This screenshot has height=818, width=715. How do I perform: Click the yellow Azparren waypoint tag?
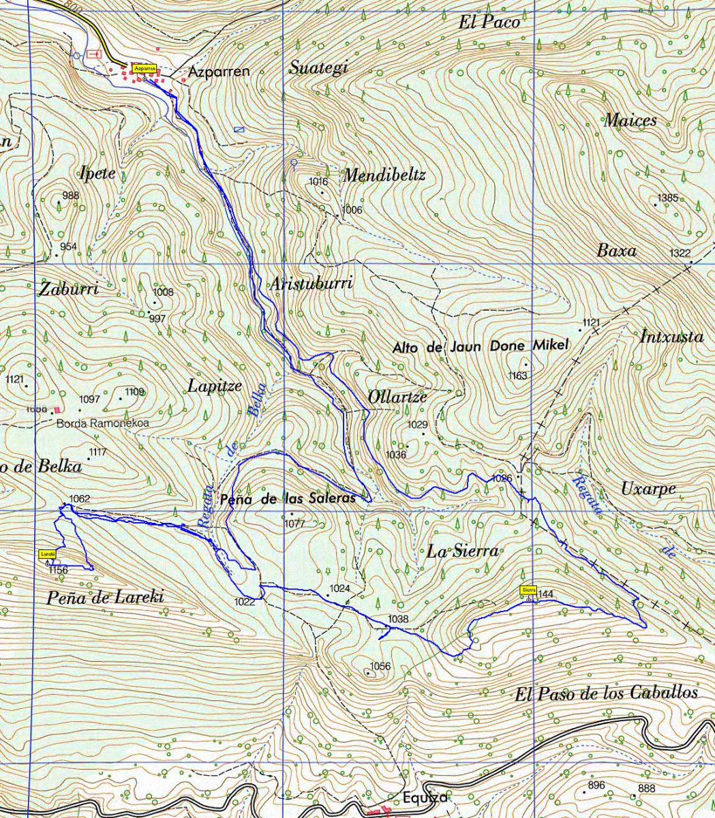pyautogui.click(x=145, y=68)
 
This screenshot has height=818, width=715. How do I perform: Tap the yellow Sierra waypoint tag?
pyautogui.click(x=529, y=590)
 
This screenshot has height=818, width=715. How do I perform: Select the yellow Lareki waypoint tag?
pyautogui.click(x=47, y=554)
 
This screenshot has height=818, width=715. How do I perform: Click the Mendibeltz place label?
pyautogui.click(x=384, y=176)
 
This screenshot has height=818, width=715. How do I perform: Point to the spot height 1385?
pyautogui.click(x=667, y=198)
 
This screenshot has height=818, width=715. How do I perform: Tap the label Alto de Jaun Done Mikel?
pyautogui.click(x=480, y=346)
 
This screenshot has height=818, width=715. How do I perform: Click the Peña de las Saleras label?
pyautogui.click(x=288, y=499)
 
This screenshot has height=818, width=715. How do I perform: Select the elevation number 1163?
pyautogui.click(x=518, y=376)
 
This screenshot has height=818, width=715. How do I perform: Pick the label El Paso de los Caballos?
pyautogui.click(x=606, y=694)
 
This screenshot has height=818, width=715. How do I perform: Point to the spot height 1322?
pyautogui.click(x=680, y=253)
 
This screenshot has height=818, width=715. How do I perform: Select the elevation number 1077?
pyautogui.click(x=295, y=524)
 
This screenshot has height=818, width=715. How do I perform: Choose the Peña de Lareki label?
pyautogui.click(x=105, y=599)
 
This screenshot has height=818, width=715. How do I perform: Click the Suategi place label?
pyautogui.click(x=318, y=67)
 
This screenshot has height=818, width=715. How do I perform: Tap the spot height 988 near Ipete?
pyautogui.click(x=70, y=196)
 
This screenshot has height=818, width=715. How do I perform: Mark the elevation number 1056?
pyautogui.click(x=380, y=666)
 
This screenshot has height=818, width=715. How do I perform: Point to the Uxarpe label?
pyautogui.click(x=648, y=489)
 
